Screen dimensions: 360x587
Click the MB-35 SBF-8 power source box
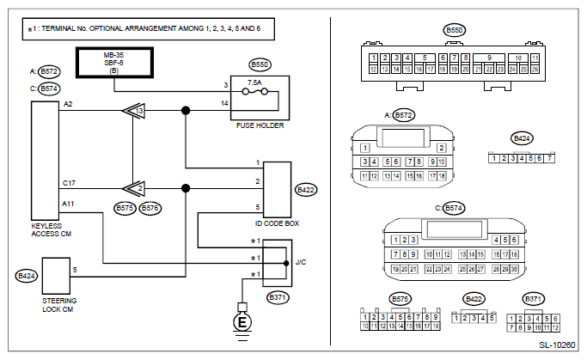click(115, 63)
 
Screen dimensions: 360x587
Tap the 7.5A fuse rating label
click(254, 84)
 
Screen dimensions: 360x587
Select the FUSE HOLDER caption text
click(259, 125)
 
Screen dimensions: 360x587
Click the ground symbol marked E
click(242, 323)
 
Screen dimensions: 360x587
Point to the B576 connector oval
click(151, 207)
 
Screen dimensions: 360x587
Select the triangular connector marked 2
click(133, 186)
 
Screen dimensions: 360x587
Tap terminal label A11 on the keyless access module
click(69, 203)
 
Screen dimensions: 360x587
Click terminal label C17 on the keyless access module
click(69, 183)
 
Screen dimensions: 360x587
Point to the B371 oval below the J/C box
click(277, 297)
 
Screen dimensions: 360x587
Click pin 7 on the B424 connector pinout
click(549, 157)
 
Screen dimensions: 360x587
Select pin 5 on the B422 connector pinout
click(492, 318)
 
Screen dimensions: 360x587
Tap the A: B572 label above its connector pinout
click(401, 114)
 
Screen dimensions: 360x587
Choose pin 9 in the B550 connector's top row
click(488, 59)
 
